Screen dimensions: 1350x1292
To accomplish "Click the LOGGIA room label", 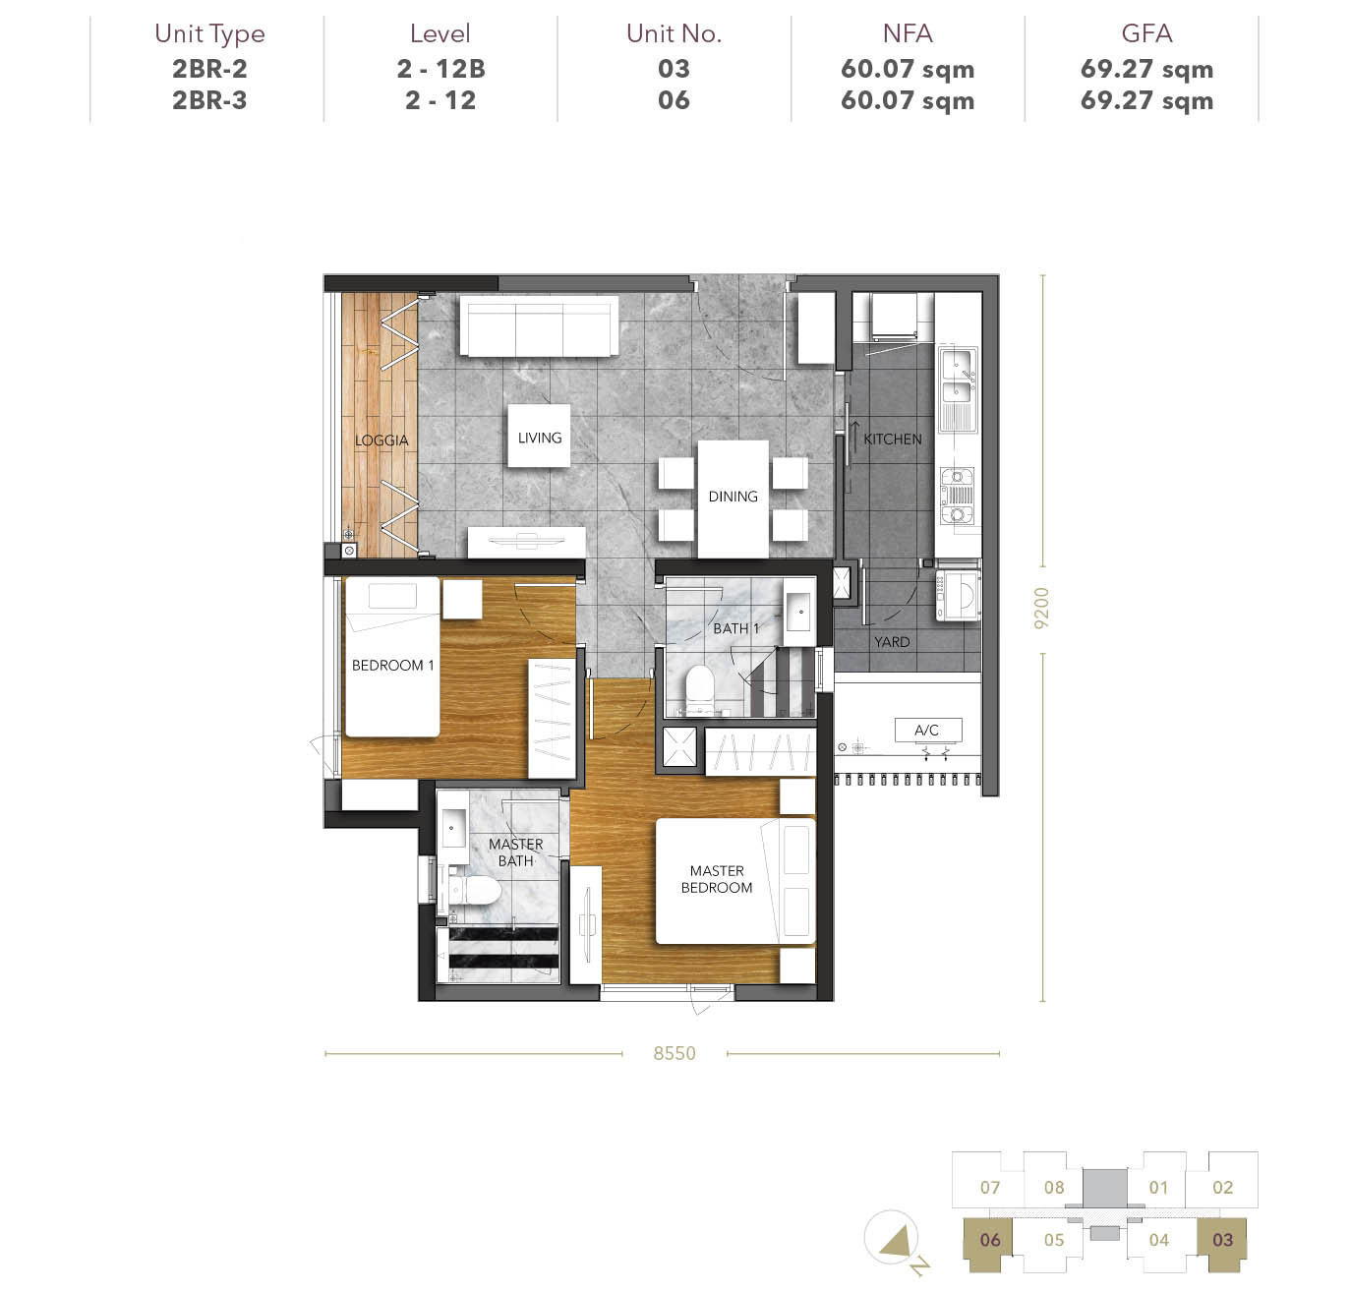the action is click(381, 440).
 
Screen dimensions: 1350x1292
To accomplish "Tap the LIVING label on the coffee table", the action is click(539, 438).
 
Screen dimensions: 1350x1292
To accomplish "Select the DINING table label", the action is click(733, 497).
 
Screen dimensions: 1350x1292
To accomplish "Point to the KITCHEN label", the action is click(892, 440).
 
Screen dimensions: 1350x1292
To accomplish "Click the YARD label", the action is click(892, 642).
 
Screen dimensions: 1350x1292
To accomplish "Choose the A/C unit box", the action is click(927, 730).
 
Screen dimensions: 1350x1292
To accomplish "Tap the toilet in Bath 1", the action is click(698, 686).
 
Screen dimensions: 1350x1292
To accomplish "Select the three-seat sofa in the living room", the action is click(539, 325).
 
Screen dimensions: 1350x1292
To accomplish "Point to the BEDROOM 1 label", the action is click(392, 665).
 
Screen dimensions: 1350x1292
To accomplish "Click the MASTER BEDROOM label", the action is click(717, 879).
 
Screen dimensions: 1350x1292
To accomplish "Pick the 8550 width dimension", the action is click(674, 1053).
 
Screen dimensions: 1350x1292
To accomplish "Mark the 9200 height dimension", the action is click(1041, 608).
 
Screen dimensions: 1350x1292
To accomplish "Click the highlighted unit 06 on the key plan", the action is click(989, 1240).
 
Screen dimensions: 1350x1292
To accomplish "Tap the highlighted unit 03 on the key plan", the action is click(1222, 1240).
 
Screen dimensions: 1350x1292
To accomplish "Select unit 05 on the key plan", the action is click(1053, 1240).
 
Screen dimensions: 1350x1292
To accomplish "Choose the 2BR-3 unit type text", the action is click(209, 100).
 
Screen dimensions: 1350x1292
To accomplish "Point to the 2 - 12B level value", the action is click(440, 69).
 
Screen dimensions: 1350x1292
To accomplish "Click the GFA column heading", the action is click(1146, 33).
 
